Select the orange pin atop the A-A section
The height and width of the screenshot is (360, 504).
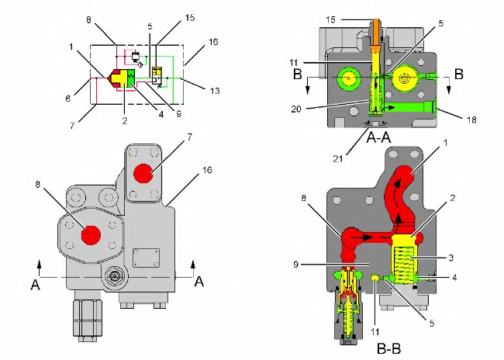375,31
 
